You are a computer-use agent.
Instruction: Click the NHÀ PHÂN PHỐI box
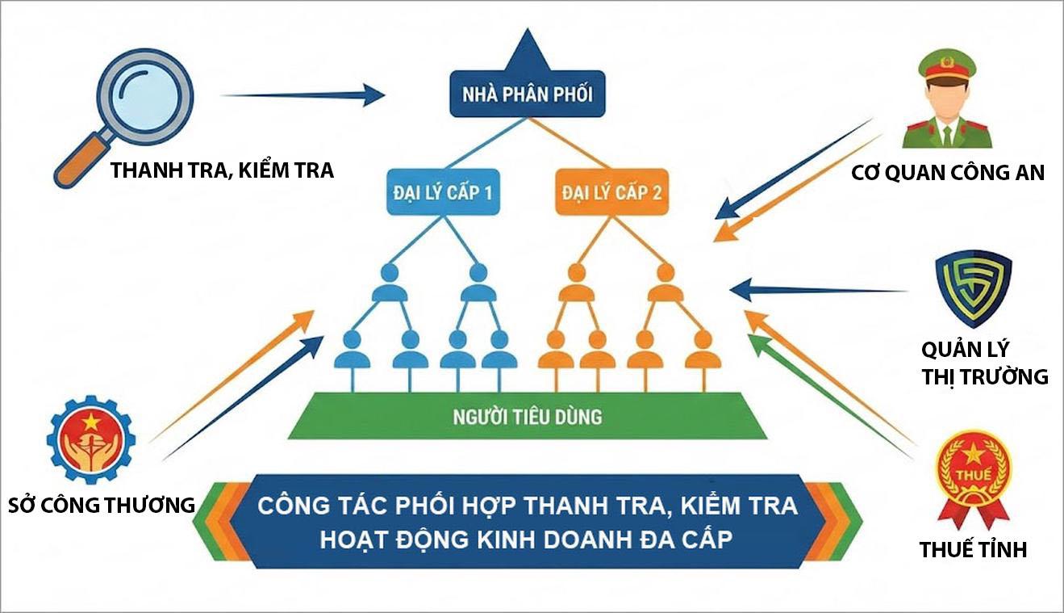point(527,95)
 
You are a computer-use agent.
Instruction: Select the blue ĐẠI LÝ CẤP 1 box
point(444,194)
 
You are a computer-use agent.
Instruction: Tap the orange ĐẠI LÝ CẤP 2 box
point(612,194)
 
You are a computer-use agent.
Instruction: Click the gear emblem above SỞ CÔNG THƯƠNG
point(90,440)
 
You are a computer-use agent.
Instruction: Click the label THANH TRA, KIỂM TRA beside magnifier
point(222,171)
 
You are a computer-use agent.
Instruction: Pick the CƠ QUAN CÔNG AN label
point(948,172)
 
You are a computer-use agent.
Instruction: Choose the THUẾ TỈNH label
point(973,550)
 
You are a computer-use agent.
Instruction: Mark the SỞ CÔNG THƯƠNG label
point(102,506)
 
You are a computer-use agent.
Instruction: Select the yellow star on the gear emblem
point(90,420)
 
